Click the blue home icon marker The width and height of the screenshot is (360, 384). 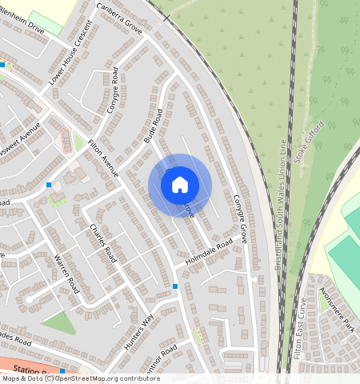point(180,185)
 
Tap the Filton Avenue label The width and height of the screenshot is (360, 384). point(104,158)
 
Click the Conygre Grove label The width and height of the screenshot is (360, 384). point(238,218)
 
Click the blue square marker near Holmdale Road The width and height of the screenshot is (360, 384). point(175,286)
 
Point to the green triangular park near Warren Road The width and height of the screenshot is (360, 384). point(58,322)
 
